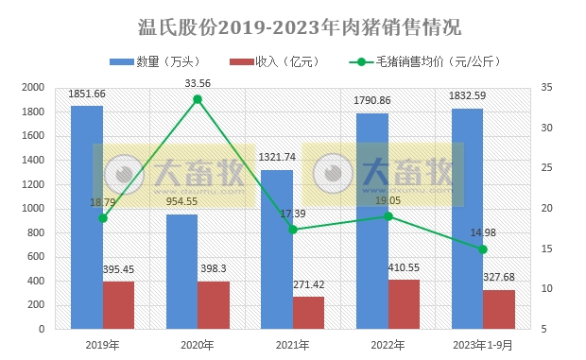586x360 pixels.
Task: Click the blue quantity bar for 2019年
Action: click(87, 217)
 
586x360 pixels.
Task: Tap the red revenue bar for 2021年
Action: click(308, 313)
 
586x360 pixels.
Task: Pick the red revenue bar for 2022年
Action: click(404, 304)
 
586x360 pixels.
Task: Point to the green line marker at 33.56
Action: click(198, 99)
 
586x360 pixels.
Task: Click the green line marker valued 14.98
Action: click(483, 249)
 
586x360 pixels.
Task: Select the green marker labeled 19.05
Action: click(388, 216)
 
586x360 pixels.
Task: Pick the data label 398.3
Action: click(213, 269)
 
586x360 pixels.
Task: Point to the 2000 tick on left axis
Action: click(33, 87)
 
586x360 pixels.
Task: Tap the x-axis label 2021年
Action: click(292, 345)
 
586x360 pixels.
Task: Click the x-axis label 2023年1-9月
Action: click(483, 345)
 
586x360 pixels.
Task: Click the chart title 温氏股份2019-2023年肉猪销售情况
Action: click(292, 25)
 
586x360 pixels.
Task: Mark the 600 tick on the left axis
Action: click(36, 256)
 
